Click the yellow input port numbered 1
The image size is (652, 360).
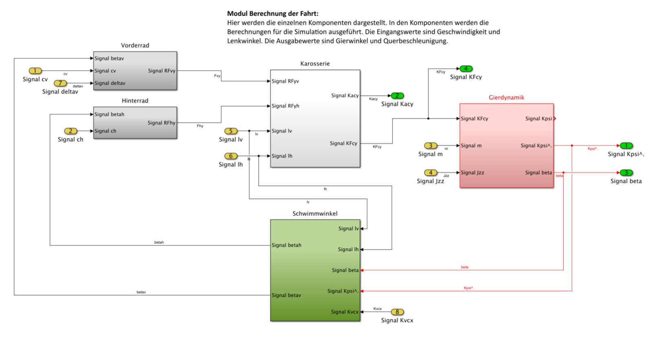tap(35, 71)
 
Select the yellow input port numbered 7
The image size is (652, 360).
tap(60, 83)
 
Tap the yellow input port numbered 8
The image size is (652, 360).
tap(397, 312)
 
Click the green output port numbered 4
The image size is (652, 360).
tap(466, 68)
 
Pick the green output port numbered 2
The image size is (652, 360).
tap(397, 96)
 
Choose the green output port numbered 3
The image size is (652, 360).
tap(626, 173)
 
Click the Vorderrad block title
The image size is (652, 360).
tap(135, 45)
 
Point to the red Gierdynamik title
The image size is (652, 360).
tap(506, 97)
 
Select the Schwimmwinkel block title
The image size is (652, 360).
tap(315, 213)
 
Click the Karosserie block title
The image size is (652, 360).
tap(315, 64)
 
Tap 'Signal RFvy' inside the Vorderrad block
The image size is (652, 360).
tap(161, 71)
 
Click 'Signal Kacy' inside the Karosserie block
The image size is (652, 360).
tap(345, 96)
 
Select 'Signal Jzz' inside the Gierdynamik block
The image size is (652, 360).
tap(472, 173)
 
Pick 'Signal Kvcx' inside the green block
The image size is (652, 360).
tap(344, 312)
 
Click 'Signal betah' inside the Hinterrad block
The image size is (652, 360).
tap(109, 114)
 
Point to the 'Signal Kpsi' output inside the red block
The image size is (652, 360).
tap(538, 119)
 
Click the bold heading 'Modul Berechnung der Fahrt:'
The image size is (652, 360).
tap(273, 13)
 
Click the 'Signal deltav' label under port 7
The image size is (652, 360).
tap(60, 92)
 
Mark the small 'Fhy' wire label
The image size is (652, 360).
tap(200, 126)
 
